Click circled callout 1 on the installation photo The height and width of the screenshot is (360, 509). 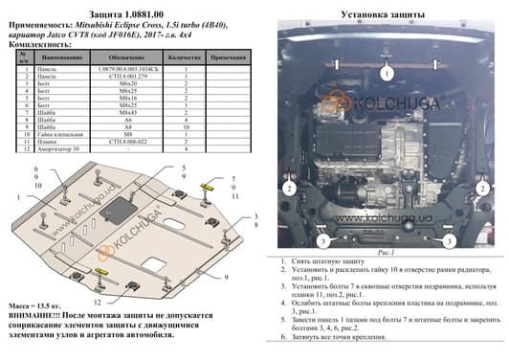(387, 74)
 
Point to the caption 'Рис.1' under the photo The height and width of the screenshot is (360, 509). (387, 252)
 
